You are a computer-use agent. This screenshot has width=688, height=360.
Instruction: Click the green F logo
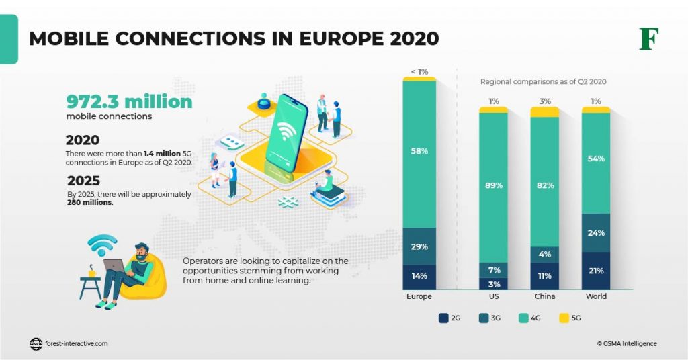(648, 38)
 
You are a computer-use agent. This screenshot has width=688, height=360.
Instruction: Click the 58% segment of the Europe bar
(419, 152)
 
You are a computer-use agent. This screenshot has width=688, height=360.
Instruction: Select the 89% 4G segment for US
(494, 185)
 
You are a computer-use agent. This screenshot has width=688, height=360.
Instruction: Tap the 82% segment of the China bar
(544, 185)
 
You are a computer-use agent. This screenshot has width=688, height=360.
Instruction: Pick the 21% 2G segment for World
(596, 271)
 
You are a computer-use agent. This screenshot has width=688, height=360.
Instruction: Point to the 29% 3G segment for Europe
(419, 246)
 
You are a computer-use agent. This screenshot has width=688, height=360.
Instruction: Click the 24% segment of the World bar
(596, 233)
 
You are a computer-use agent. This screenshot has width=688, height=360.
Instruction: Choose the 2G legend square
(443, 318)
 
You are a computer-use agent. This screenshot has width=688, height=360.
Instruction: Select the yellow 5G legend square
(563, 318)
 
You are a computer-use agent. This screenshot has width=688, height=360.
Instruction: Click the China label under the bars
(544, 296)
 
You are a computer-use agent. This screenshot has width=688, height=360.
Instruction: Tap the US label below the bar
(494, 296)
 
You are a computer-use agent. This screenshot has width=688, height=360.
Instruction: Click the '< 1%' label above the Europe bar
(419, 71)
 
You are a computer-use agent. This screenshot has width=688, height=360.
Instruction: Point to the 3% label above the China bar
(544, 101)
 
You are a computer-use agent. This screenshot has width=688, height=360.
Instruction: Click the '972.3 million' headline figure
(129, 101)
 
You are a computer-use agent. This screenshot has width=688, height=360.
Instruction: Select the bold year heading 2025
(84, 181)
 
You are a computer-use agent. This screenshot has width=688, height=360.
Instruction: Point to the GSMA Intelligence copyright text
(626, 343)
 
